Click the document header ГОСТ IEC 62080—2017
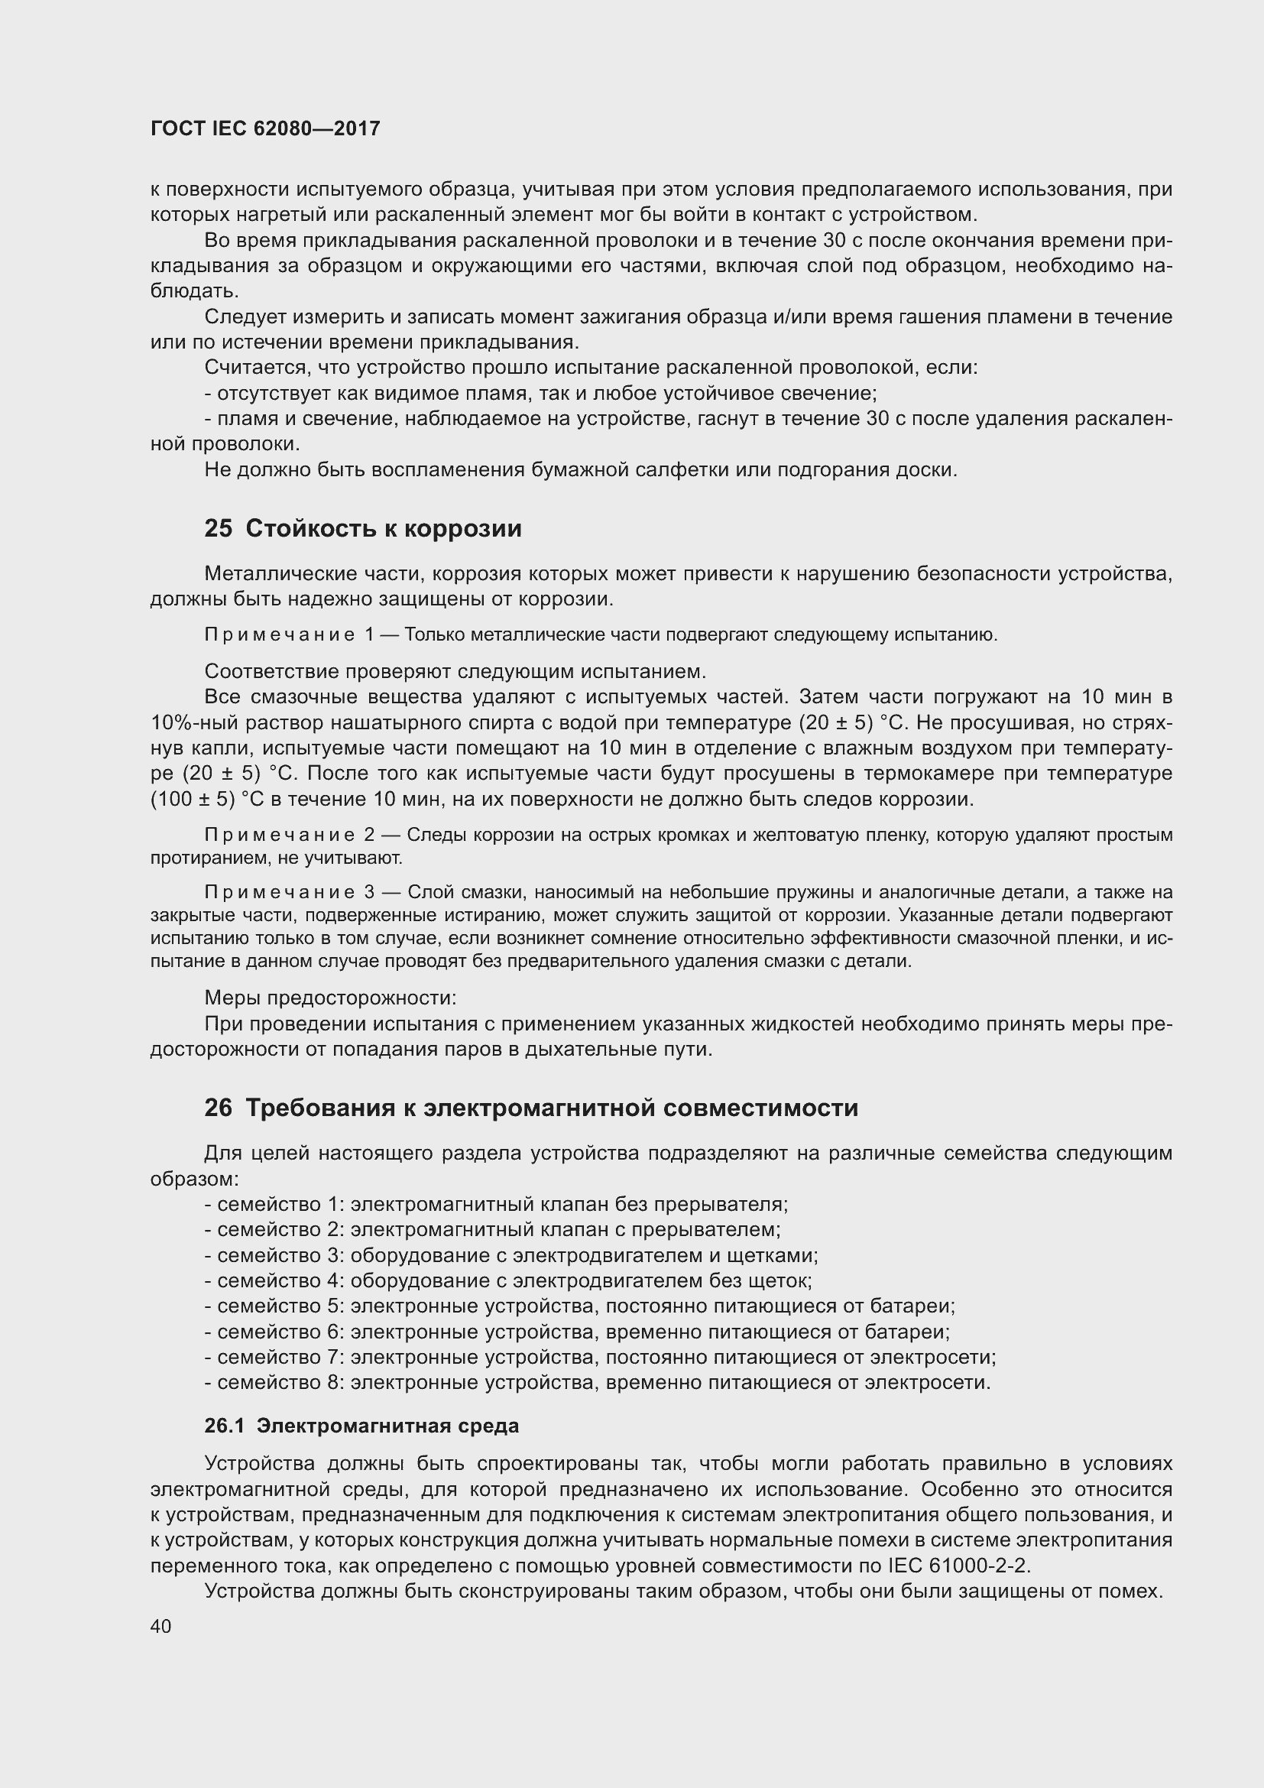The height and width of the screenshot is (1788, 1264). [x=265, y=128]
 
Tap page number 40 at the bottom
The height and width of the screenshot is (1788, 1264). [x=161, y=1626]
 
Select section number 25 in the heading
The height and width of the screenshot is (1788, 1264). [x=218, y=529]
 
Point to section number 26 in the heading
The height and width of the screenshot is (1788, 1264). [x=218, y=1108]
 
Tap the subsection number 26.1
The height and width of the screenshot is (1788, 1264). [x=224, y=1426]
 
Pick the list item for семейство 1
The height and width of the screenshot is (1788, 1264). [x=496, y=1205]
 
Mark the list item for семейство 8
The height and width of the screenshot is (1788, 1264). [x=597, y=1383]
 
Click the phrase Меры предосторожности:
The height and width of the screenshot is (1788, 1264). [x=330, y=998]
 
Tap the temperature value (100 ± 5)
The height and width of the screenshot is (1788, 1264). [x=193, y=800]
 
